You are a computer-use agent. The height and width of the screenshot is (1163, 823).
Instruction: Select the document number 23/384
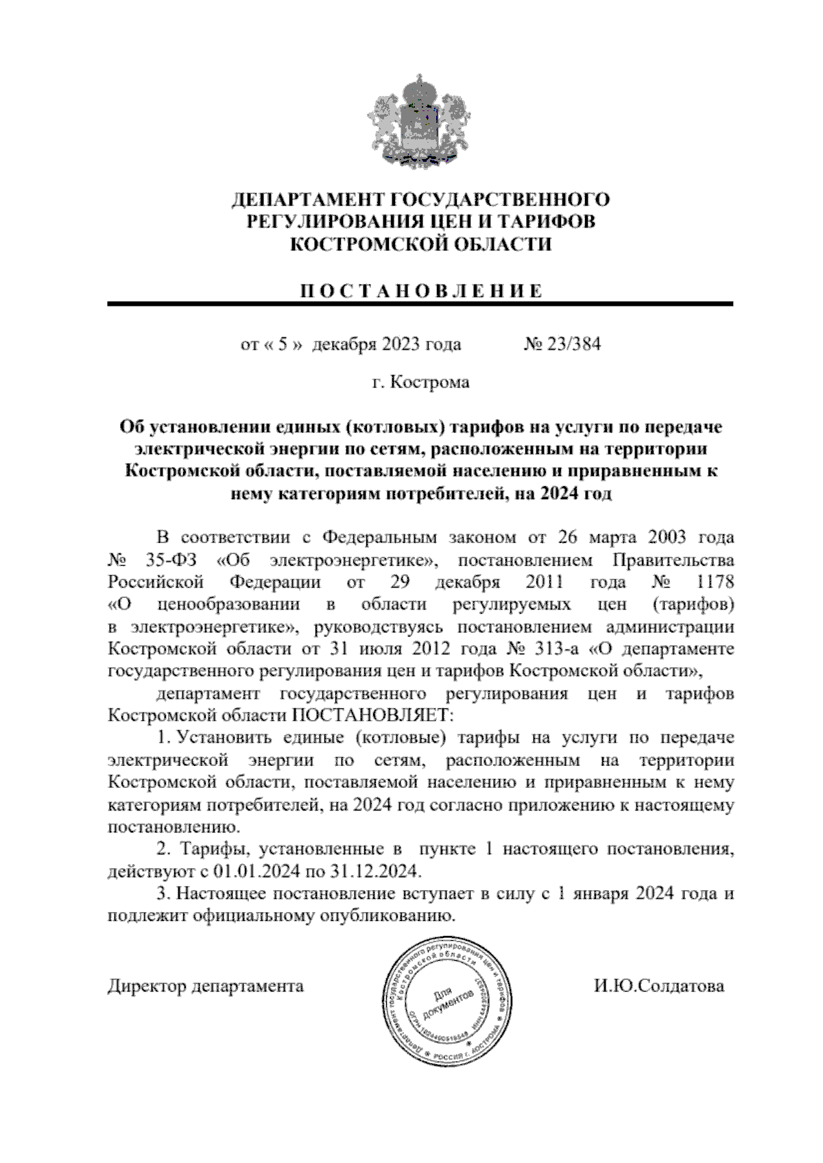[x=571, y=344]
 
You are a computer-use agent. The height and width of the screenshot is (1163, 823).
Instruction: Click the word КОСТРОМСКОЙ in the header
[x=366, y=244]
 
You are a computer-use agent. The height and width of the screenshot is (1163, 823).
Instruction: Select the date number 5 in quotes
[x=281, y=344]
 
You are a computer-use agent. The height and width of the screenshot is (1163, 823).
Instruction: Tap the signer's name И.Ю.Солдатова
[x=658, y=986]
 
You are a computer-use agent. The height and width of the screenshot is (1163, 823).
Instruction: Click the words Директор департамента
[x=206, y=986]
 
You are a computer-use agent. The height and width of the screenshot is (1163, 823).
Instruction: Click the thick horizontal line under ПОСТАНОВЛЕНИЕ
[x=420, y=303]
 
